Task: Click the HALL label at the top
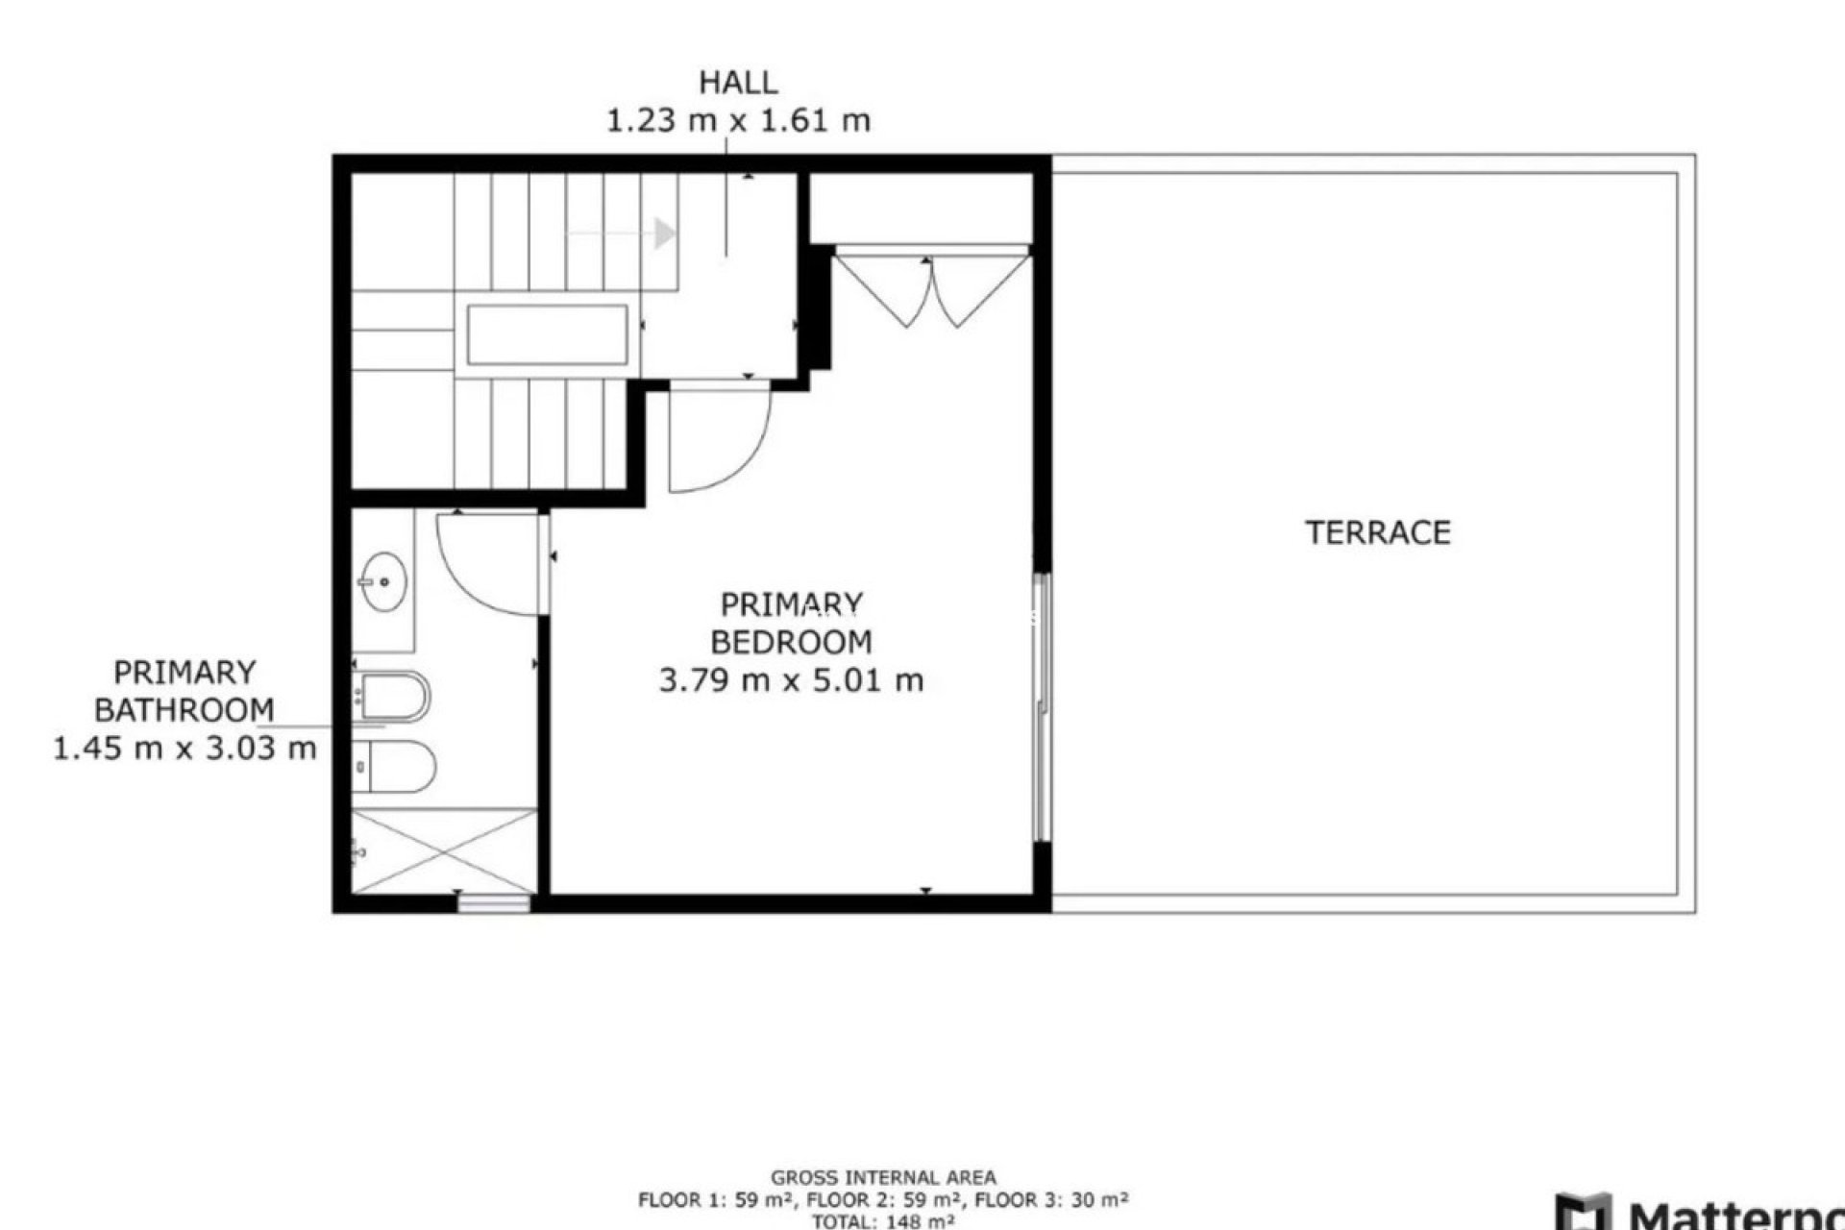(x=737, y=83)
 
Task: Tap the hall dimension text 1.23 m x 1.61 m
(x=737, y=122)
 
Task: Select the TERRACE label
(x=1377, y=532)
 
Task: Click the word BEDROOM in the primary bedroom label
(x=791, y=642)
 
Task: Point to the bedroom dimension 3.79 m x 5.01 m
(x=791, y=681)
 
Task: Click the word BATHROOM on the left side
(x=184, y=710)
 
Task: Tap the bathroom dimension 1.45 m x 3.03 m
(x=184, y=749)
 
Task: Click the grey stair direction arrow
(x=663, y=233)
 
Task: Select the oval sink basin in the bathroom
(x=383, y=581)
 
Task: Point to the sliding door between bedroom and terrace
(x=1042, y=706)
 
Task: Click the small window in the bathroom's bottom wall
(x=494, y=902)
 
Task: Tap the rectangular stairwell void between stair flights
(x=548, y=334)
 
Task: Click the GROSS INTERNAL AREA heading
(x=883, y=1177)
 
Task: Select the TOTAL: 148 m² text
(x=883, y=1221)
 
